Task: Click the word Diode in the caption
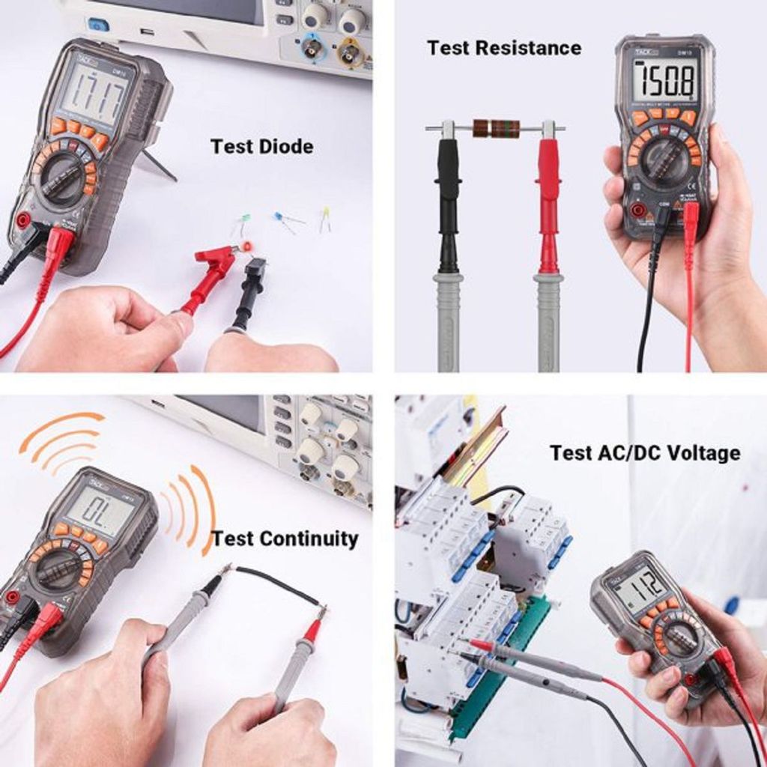point(285,146)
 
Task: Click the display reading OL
point(98,512)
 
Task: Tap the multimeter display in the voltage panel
point(637,586)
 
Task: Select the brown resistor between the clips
point(496,128)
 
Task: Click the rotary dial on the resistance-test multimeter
point(664,160)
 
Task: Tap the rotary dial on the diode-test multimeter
point(62,178)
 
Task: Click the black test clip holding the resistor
point(448,195)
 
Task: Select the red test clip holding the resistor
point(548,195)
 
